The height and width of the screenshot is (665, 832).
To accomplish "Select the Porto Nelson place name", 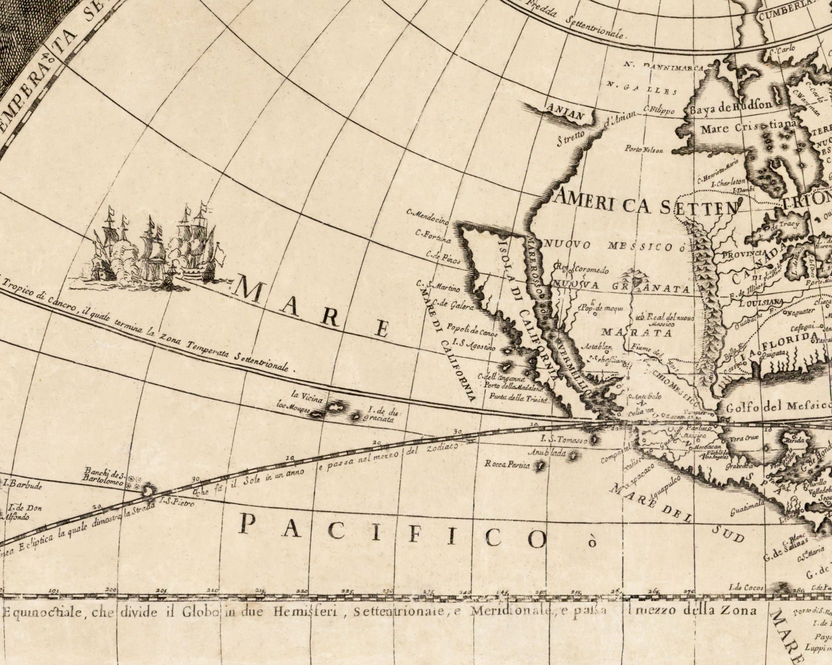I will tap(644, 150).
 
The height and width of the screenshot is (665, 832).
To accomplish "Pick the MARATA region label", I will tap(636, 333).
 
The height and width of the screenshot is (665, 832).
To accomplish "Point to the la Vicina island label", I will tap(310, 397).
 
